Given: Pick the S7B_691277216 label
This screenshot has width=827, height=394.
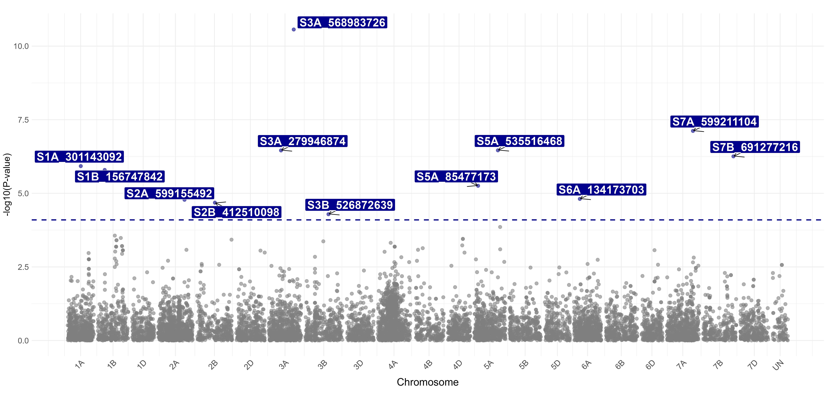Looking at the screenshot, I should (x=755, y=147).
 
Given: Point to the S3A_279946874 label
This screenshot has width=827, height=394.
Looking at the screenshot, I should (x=302, y=141).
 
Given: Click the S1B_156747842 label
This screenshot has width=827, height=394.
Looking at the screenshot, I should (x=120, y=177).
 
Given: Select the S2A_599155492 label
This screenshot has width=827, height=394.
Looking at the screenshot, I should (x=169, y=193).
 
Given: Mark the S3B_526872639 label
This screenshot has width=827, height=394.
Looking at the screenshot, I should (x=350, y=205).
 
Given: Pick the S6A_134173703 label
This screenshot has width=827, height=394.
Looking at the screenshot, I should (x=601, y=190).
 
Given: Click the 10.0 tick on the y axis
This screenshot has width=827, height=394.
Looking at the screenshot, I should (x=21, y=46).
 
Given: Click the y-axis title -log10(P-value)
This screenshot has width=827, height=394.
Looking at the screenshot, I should (x=7, y=185).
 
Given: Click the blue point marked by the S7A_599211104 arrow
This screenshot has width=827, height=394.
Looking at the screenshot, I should (x=693, y=131).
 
